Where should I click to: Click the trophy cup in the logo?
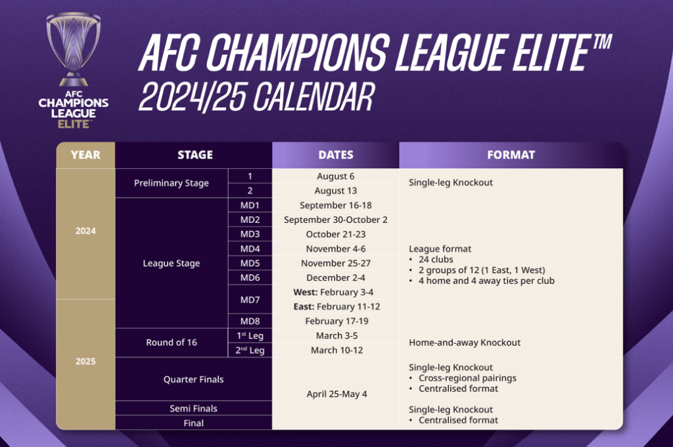pyautogui.click(x=74, y=49)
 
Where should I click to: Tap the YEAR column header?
pyautogui.click(x=85, y=155)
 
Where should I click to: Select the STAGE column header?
pyautogui.click(x=195, y=155)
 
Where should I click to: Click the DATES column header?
pyautogui.click(x=336, y=155)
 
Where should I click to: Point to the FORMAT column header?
pyautogui.click(x=511, y=155)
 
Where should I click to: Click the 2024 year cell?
pyautogui.click(x=85, y=231)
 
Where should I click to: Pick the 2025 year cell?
pyautogui.click(x=85, y=362)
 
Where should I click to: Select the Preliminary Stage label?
pyautogui.click(x=172, y=183)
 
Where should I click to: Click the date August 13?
pyautogui.click(x=336, y=191)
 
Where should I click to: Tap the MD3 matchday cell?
pyautogui.click(x=250, y=235)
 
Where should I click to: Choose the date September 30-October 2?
pyautogui.click(x=336, y=220)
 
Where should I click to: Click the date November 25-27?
pyautogui.click(x=336, y=263)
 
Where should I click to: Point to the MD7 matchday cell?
pyautogui.click(x=250, y=300)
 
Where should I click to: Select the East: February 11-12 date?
pyautogui.click(x=337, y=306)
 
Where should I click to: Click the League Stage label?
pyautogui.click(x=172, y=263)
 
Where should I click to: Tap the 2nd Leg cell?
pyautogui.click(x=250, y=350)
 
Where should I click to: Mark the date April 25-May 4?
pyautogui.click(x=336, y=394)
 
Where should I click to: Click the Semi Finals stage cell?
pyautogui.click(x=194, y=408)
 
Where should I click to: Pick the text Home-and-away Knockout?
pyautogui.click(x=465, y=342)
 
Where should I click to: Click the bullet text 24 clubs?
pyautogui.click(x=436, y=260)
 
